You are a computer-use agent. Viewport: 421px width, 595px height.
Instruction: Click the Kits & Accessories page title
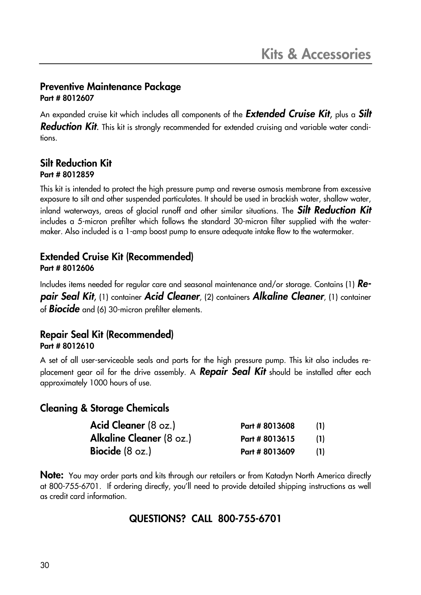coord(316,54)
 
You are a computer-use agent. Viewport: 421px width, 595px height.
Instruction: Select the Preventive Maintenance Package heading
coord(110,87)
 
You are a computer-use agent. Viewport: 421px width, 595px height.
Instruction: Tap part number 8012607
coord(67,98)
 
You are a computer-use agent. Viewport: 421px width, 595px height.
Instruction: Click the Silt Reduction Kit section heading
coord(76,163)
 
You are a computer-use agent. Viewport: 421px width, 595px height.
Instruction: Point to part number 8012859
coord(67,174)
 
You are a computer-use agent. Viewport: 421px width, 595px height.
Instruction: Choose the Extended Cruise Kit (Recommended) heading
coord(116,257)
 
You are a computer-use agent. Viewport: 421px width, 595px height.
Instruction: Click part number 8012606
coord(67,268)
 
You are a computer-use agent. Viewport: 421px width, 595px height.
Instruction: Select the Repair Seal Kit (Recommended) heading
coord(107,334)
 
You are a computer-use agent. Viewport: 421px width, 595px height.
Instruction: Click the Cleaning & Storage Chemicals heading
coord(104,408)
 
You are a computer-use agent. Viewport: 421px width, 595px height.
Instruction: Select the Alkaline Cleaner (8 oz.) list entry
coord(141,438)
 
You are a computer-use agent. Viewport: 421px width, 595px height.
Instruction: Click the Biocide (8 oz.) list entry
coord(121,451)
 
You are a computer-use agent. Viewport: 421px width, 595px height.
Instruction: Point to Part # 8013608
coord(267,426)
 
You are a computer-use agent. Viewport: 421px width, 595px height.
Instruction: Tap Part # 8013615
coord(267,439)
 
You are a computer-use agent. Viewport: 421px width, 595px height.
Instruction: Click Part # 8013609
coord(267,452)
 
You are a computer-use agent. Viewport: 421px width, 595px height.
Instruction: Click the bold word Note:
coord(52,475)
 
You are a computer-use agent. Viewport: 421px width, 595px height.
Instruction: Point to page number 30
coord(44,565)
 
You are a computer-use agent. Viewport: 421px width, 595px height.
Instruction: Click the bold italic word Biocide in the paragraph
coord(64,309)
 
